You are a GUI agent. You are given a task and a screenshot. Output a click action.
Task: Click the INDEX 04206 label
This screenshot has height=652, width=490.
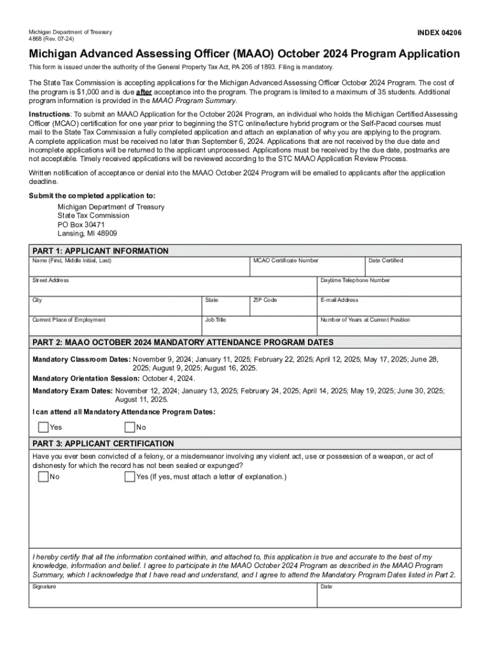439,32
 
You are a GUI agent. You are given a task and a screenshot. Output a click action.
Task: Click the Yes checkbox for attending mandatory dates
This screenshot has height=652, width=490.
43,427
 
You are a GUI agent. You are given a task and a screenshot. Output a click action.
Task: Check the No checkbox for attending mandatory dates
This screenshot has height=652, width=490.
130,427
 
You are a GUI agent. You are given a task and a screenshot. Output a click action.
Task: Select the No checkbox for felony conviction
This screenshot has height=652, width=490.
43,477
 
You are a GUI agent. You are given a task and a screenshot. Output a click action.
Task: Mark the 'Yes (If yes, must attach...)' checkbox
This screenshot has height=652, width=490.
130,477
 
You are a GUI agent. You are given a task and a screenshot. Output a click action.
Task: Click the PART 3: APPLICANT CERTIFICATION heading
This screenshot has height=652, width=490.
103,443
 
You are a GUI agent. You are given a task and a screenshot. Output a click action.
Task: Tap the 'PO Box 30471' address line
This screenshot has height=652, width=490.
81,225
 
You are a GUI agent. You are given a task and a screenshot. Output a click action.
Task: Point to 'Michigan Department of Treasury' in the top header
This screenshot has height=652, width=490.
71,32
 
